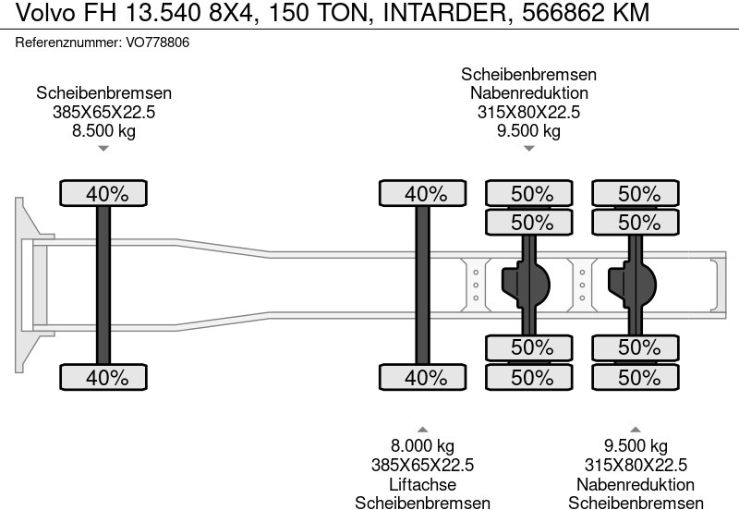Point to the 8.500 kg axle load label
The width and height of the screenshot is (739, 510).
coord(103,131)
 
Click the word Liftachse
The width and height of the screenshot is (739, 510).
coord(422,484)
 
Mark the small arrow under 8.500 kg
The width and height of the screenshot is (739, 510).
coord(103,149)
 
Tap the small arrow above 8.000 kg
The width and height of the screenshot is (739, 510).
coord(422,430)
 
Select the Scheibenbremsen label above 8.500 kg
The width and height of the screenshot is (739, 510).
coord(103,93)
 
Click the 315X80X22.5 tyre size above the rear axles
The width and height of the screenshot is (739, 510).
coord(528,113)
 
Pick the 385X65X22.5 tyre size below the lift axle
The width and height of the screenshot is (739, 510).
coord(422,466)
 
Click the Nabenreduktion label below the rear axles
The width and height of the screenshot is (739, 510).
coord(635,484)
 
